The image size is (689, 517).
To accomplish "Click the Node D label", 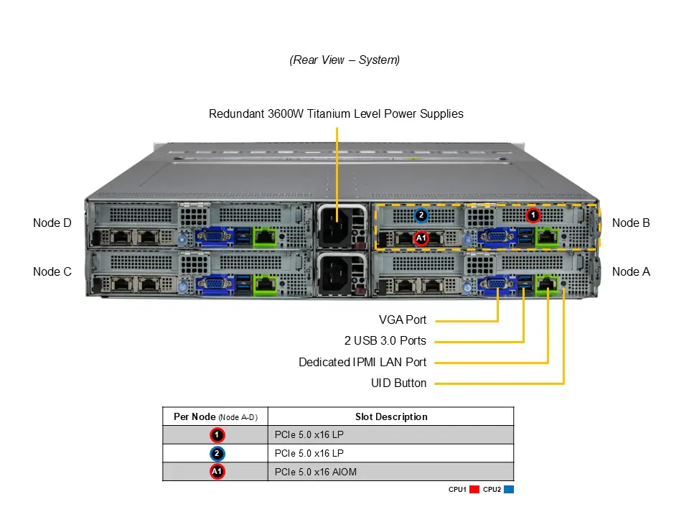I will point(52,223).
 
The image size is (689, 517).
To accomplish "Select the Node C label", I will point(52,271).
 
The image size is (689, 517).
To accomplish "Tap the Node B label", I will point(631,223).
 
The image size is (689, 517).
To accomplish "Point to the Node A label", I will point(631,271).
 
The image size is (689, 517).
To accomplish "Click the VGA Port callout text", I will point(402,320).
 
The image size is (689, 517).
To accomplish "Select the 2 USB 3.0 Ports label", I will point(385,340).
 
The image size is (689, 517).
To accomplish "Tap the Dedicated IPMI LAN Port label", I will point(362,362).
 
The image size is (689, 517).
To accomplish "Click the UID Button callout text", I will point(398,383).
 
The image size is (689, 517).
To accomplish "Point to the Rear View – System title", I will point(344,60).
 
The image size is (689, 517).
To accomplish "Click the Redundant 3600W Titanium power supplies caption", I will point(336,113).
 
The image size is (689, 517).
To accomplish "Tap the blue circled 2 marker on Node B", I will point(421,215).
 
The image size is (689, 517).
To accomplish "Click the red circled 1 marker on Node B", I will point(533,215).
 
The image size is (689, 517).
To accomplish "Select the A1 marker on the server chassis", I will point(421,238).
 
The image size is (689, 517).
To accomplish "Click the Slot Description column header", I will point(391,416).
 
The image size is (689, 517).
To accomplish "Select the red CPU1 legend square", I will point(474,490).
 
